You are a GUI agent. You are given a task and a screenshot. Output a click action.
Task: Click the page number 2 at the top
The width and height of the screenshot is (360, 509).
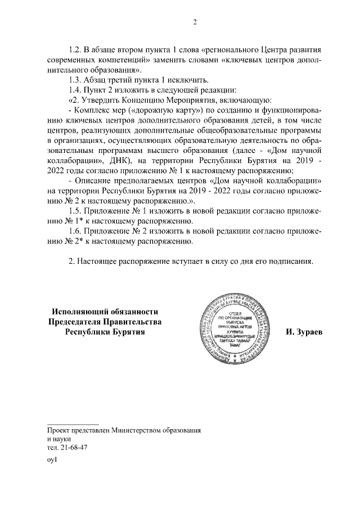click(x=195, y=22)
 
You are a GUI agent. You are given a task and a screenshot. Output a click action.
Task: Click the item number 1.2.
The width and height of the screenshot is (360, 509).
click(x=75, y=49)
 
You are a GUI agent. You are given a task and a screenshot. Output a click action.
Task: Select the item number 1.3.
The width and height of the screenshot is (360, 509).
click(x=75, y=80)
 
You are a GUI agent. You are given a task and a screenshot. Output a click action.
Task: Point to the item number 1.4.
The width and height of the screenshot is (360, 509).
click(x=75, y=90)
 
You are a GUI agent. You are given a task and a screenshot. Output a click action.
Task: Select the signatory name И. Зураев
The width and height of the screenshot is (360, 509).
click(x=304, y=332)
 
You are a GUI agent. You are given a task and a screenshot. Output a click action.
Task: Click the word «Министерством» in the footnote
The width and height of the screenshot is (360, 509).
click(x=139, y=430)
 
